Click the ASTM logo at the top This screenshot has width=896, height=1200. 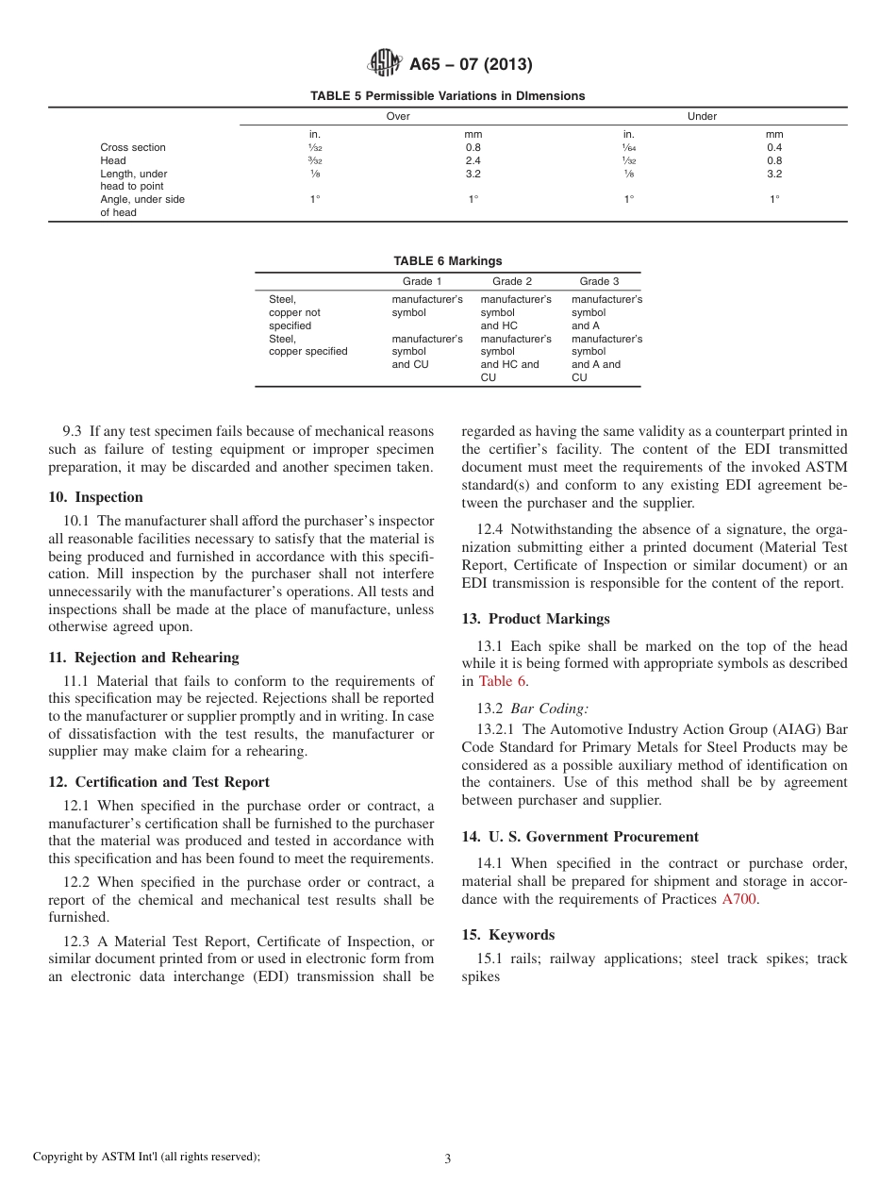(x=384, y=64)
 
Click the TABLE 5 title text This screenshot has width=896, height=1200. (x=447, y=96)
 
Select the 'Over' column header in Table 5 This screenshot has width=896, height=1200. (x=398, y=117)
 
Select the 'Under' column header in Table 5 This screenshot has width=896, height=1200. (x=702, y=117)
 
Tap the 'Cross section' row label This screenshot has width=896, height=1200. (x=133, y=147)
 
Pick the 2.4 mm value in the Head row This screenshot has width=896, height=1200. (x=473, y=160)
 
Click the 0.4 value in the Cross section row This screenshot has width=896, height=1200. (x=774, y=147)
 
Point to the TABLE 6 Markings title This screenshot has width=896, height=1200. (x=447, y=261)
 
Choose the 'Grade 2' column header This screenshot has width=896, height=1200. (x=512, y=281)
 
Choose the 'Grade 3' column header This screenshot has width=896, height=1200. (x=599, y=281)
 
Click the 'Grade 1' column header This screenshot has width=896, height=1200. (x=423, y=281)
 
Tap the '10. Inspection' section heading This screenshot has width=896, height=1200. (x=95, y=497)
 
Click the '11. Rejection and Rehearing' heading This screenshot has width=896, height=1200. (x=143, y=658)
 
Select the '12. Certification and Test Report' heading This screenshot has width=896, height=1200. (x=158, y=782)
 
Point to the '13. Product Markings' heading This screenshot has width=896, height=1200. (x=536, y=619)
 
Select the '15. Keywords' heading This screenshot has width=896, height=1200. (x=508, y=935)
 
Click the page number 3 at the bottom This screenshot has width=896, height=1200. (x=448, y=1159)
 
